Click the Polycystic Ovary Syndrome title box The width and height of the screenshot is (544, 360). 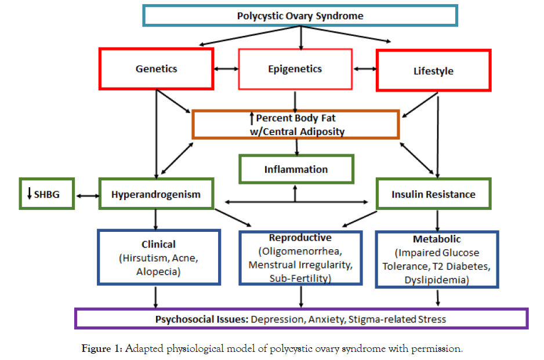coord(300,16)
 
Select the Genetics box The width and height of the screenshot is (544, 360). coord(156,68)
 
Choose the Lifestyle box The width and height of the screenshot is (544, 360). coord(433,71)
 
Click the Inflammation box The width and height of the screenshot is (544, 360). coord(296,169)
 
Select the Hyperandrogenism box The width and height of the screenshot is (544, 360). coord(155,194)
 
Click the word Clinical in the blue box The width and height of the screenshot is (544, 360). coord(158,244)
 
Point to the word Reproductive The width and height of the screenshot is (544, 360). coord(300,238)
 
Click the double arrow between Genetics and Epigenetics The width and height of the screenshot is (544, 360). coord(226,69)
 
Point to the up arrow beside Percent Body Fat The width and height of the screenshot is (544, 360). coord(252,119)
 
